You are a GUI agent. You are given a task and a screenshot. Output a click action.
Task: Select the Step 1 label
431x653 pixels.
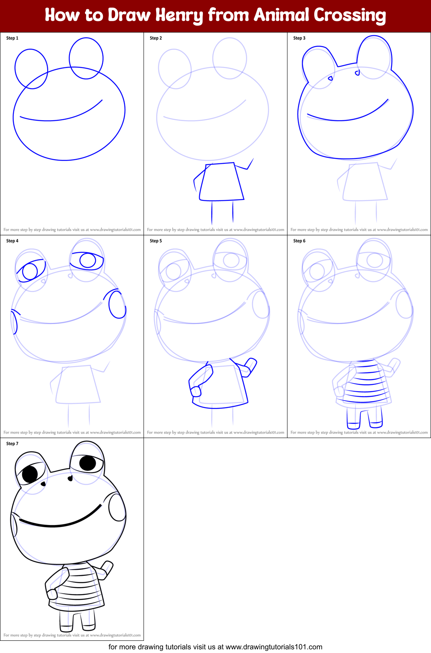pyautogui.click(x=12, y=38)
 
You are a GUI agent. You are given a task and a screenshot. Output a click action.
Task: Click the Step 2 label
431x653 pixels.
pyautogui.click(x=156, y=38)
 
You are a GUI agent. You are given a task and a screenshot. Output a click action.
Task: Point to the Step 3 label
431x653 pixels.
pyautogui.click(x=299, y=38)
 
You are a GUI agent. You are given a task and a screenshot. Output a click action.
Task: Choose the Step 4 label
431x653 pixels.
pyautogui.click(x=12, y=241)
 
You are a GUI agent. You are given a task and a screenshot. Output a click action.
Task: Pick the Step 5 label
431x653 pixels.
pyautogui.click(x=156, y=241)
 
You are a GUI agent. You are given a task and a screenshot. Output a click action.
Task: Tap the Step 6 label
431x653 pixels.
pyautogui.click(x=299, y=241)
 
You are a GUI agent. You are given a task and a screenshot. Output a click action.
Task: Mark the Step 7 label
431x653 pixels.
pyautogui.click(x=12, y=444)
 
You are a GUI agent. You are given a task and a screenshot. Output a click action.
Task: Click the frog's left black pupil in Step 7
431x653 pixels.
pyautogui.click(x=30, y=474)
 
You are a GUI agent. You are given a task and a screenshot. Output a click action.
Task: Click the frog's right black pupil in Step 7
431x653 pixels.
pyautogui.click(x=87, y=463)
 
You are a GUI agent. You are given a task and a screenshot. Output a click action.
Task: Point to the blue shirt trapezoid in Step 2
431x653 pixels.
pyautogui.click(x=222, y=182)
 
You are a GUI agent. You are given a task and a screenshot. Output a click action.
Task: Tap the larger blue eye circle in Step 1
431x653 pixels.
pyautogui.click(x=86, y=58)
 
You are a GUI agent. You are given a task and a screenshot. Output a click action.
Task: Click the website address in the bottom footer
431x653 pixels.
pyautogui.click(x=274, y=647)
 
